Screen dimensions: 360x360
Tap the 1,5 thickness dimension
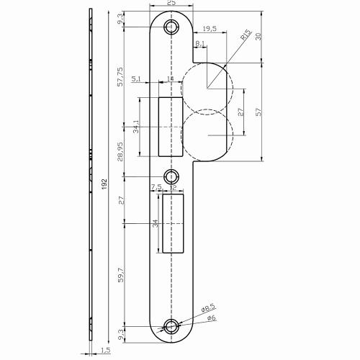pyautogui.click(x=107, y=350)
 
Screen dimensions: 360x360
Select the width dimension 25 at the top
pyautogui.click(x=171, y=4)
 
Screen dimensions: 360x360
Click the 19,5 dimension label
pyautogui.click(x=210, y=29)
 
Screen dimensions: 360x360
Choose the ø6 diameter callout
pyautogui.click(x=211, y=318)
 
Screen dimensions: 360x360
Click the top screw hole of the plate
pyautogui.click(x=171, y=27)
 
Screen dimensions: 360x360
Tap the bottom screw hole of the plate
pyautogui.click(x=171, y=326)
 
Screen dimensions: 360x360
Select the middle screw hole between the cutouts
pyautogui.click(x=171, y=176)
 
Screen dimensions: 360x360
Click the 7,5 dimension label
pyautogui.click(x=156, y=187)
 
